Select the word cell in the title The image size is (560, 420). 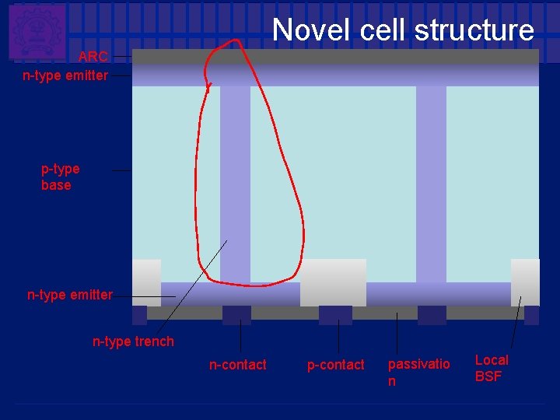pos(383,30)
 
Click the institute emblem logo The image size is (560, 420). pos(37,31)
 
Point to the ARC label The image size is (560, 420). pos(93,57)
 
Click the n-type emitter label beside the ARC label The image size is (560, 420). pos(65,75)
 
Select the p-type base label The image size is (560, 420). pos(60,177)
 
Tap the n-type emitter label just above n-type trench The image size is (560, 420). pos(70,295)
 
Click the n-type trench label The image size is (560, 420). pos(133,341)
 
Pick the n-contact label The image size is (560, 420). pos(237,365)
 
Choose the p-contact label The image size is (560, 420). pos(335,365)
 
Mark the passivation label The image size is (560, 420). pos(418,373)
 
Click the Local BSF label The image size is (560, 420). pos(491,369)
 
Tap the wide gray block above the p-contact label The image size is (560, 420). pos(333,282)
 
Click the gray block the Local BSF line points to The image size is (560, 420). pos(525,282)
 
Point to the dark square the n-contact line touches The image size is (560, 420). pos(236,315)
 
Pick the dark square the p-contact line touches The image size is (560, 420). pos(335,315)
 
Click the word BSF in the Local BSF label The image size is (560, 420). pos(488,377)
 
